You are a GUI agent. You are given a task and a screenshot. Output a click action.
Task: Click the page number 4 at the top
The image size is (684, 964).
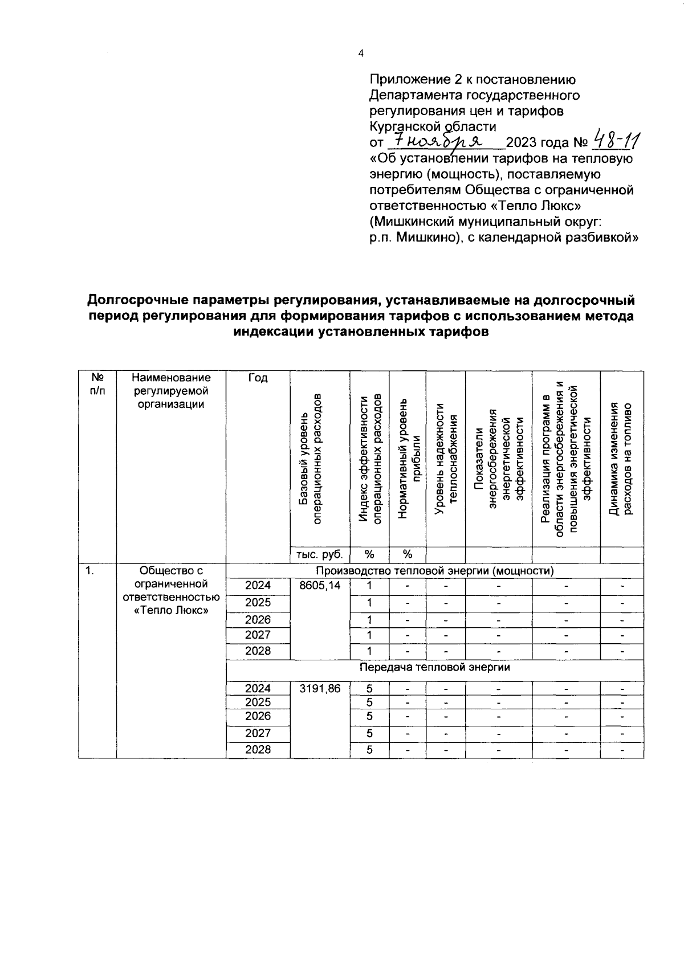(x=360, y=54)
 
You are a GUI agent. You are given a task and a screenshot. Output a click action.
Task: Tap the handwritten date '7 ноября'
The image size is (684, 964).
(x=439, y=140)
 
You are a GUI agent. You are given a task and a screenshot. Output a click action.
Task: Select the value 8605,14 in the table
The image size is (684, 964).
(x=320, y=586)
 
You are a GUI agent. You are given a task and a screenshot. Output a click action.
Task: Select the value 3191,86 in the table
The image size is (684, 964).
(x=320, y=689)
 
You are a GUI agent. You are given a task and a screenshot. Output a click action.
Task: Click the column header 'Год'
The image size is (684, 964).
(x=258, y=378)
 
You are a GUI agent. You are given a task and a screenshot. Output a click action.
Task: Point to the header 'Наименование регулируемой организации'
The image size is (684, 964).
(x=171, y=391)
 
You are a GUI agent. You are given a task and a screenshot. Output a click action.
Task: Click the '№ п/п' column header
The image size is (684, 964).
(x=97, y=385)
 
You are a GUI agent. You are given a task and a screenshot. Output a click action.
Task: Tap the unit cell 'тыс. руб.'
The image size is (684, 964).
(x=320, y=554)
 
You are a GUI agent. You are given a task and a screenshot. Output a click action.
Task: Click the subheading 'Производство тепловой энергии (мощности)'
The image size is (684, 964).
(x=435, y=570)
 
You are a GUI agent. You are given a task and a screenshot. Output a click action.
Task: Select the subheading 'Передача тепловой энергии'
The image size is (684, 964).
(x=435, y=667)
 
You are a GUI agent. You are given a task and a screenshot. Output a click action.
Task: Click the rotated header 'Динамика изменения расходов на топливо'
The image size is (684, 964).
(x=621, y=459)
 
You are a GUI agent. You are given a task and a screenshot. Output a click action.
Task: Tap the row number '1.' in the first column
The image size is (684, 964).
(x=91, y=570)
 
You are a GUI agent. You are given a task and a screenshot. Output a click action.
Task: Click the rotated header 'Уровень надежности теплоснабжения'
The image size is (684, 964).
(x=446, y=459)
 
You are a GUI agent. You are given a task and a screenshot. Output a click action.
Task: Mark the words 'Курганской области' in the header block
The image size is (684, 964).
(x=433, y=126)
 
